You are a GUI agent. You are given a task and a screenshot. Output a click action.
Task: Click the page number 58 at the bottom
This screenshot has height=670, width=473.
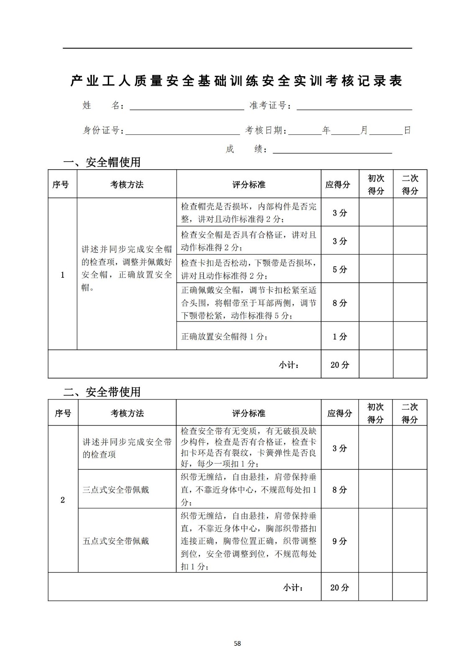237,643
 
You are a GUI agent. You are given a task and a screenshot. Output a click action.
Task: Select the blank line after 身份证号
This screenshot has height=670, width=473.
182,131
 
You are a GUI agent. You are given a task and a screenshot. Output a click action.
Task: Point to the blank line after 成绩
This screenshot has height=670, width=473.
332,149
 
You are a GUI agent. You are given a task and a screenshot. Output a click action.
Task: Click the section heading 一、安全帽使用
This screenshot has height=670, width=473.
102,162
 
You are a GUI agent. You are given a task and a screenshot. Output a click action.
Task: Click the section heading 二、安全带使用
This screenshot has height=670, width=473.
102,392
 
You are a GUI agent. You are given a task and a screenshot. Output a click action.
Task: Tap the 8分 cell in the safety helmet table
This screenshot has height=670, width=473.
340,303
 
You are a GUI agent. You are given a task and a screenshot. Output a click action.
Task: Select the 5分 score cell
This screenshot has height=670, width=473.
340,269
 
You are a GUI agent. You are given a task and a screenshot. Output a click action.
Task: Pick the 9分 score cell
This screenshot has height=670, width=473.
340,541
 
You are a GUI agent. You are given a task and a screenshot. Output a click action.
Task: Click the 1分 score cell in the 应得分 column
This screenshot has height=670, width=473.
340,336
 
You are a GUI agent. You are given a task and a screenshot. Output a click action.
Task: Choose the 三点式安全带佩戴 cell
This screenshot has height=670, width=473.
116,490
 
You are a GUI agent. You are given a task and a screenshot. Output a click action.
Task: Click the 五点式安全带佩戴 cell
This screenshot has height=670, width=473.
116,541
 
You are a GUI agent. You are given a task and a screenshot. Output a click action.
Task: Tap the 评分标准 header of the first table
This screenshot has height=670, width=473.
248,185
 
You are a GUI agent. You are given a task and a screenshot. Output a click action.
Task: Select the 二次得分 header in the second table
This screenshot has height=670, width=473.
409,413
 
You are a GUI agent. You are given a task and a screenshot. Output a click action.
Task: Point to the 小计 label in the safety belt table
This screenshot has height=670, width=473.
293,588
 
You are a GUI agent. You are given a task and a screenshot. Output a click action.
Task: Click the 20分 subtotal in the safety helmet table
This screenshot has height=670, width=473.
340,365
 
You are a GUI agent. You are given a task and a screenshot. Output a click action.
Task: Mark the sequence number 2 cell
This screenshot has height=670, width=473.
63,500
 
